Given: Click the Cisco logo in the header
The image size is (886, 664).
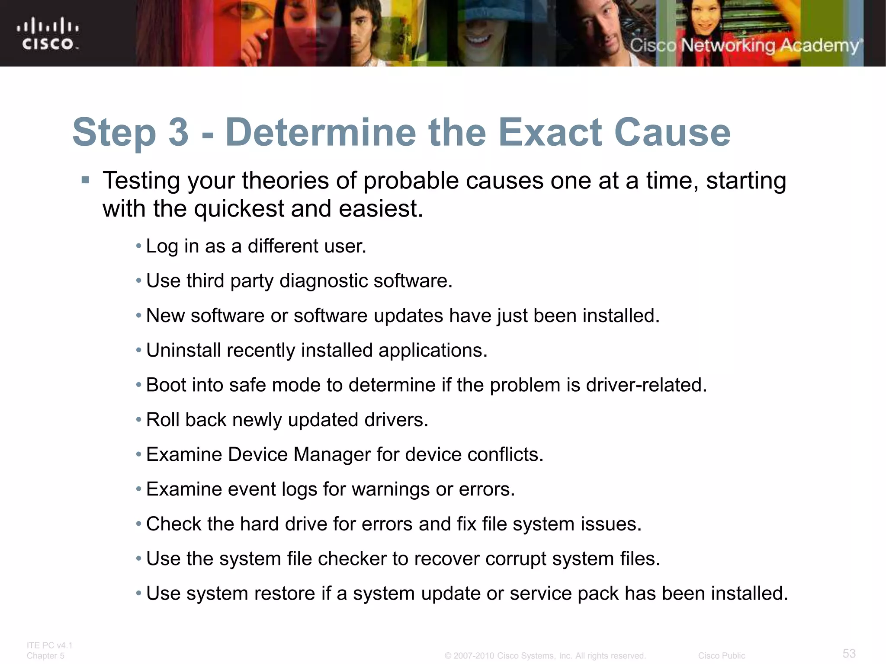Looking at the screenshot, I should coord(48,34).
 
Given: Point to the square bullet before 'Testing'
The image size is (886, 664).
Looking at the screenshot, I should coord(85,180).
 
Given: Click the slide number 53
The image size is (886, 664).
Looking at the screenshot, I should coord(849,653).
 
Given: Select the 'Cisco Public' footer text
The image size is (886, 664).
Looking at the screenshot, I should coord(721,656).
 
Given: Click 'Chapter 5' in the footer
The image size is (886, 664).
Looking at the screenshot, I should coord(45,656).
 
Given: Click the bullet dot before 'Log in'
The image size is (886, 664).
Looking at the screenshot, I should coord(138,246).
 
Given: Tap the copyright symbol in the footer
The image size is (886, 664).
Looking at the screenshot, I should coord(448,656).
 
